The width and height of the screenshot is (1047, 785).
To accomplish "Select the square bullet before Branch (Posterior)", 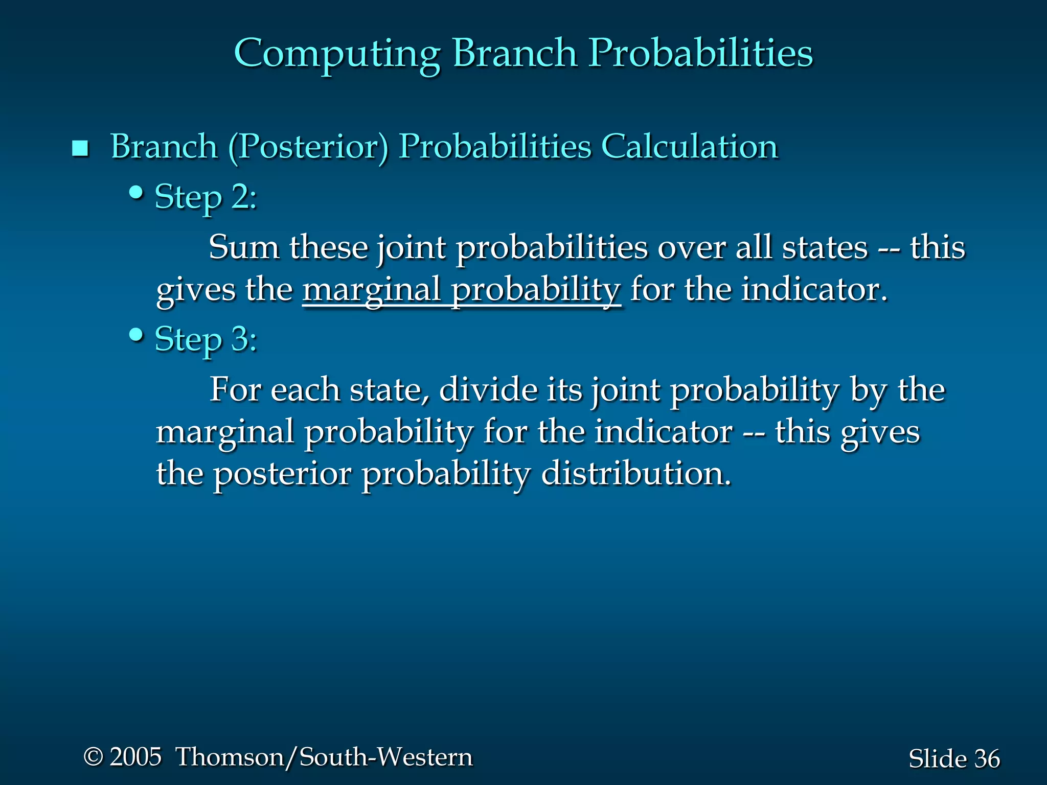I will [x=80, y=149].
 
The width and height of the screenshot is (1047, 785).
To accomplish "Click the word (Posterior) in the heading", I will [x=308, y=147].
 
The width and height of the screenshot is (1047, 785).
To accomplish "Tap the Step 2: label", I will [x=206, y=197].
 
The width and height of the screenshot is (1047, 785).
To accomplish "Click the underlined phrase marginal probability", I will [x=461, y=290].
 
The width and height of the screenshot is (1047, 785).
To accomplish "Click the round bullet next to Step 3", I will [x=136, y=335].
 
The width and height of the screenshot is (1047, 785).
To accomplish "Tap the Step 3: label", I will [x=206, y=339].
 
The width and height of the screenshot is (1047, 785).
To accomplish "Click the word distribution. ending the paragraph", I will [x=636, y=473].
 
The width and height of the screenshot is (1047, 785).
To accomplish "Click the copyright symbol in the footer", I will [x=93, y=757].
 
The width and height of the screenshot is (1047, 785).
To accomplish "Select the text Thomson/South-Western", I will [x=324, y=757].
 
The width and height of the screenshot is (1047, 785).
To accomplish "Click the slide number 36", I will [x=987, y=759].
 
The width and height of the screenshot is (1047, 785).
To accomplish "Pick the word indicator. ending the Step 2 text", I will [x=814, y=290].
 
